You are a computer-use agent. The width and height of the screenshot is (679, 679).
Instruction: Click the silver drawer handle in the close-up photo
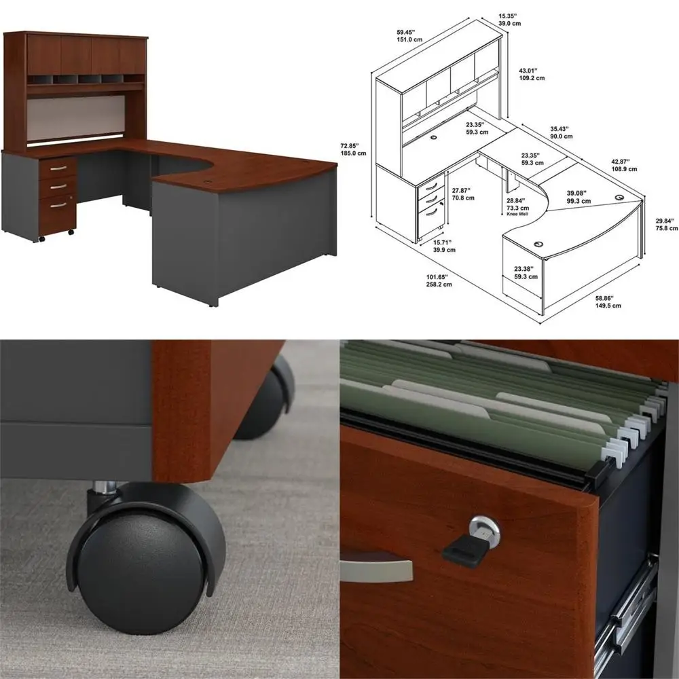[377, 568]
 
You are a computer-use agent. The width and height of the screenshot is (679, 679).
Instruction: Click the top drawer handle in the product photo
[59, 168]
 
